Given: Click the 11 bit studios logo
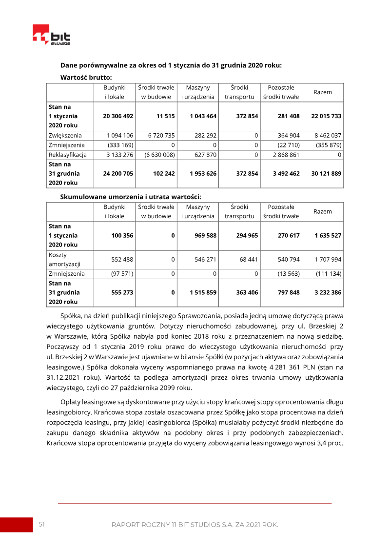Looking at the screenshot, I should click(51, 35).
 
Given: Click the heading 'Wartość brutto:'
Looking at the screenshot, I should click(86, 77).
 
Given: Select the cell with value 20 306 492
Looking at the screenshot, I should click(118, 116).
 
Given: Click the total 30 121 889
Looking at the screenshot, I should click(326, 173).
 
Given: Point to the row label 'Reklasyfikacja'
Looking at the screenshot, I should click(68, 155).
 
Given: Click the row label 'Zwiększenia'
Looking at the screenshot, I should click(65, 135).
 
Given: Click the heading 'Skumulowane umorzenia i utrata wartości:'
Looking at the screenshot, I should click(131, 197).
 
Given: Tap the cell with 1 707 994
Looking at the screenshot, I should click(328, 260).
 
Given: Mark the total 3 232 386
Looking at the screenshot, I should click(328, 293).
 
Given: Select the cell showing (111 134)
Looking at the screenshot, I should click(329, 274).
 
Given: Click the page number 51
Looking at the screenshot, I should click(42, 524).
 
